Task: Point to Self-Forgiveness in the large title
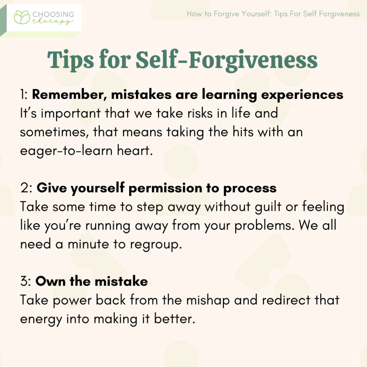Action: (x=227, y=60)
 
